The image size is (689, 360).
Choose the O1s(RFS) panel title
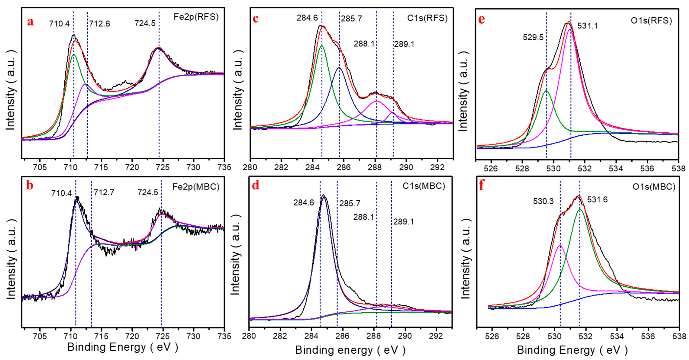651,21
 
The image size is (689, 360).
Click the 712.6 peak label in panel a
100,24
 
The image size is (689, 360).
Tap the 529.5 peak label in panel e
533,37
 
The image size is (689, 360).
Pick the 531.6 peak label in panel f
597,200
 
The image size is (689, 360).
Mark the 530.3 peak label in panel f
543,201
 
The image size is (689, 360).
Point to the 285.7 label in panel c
351,18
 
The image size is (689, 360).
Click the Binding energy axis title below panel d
350,350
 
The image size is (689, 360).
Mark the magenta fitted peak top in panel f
560,246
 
